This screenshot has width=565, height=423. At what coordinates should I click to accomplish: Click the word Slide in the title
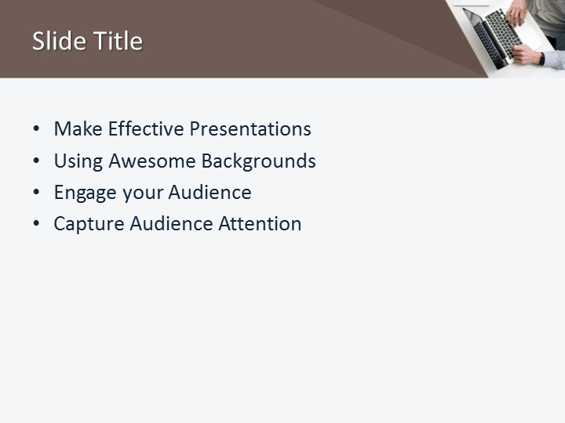point(56,41)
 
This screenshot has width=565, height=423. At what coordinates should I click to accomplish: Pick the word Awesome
point(152,161)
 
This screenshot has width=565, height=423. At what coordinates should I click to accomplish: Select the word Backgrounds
point(258,161)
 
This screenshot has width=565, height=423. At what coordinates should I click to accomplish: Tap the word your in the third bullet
point(140,193)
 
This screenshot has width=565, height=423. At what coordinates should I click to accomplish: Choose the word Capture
point(89,224)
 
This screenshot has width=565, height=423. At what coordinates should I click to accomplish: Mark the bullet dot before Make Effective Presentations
point(36,130)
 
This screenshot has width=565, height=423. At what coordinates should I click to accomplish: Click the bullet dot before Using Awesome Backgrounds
point(36,162)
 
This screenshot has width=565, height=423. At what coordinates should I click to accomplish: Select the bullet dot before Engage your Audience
point(36,193)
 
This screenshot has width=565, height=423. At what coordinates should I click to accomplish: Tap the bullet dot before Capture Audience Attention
point(36,225)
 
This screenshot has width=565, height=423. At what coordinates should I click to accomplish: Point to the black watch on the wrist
point(541,58)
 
